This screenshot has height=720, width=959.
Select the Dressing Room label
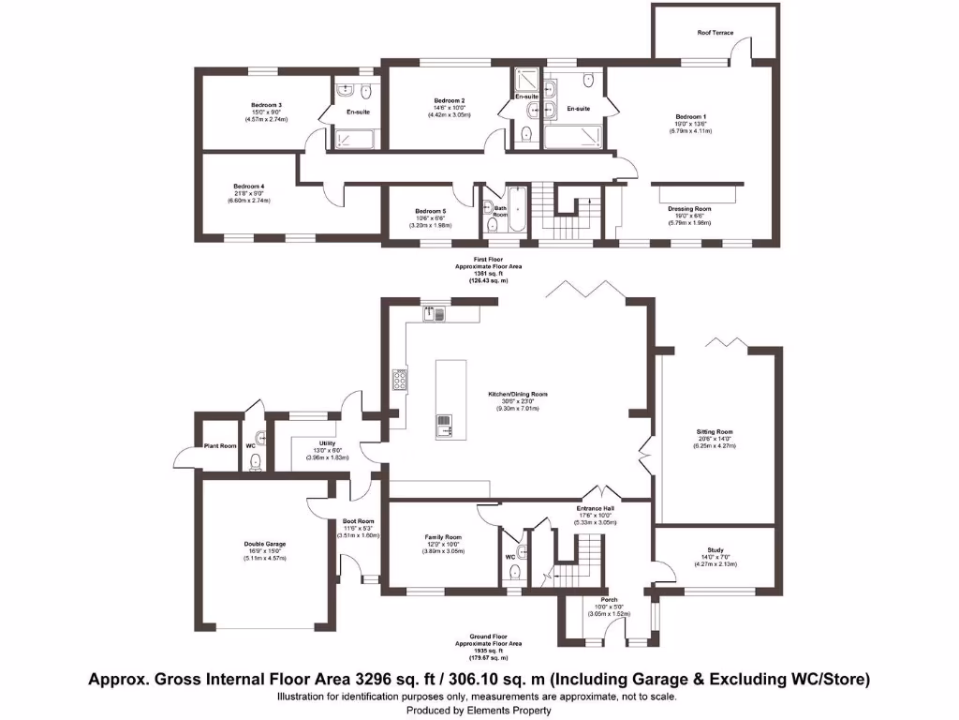[689, 209]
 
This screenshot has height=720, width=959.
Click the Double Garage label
[266, 544]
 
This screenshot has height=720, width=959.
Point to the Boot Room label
[358, 521]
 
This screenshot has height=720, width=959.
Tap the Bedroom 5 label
[431, 211]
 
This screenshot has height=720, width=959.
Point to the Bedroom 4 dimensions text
[248, 201]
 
